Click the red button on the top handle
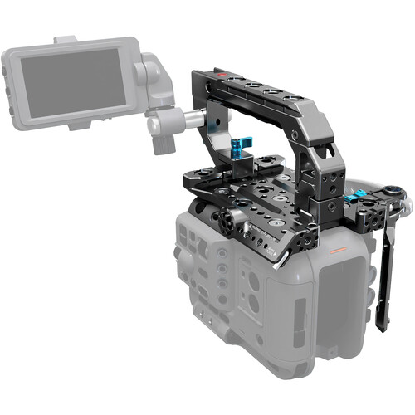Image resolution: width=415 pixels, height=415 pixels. tap(217, 76)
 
